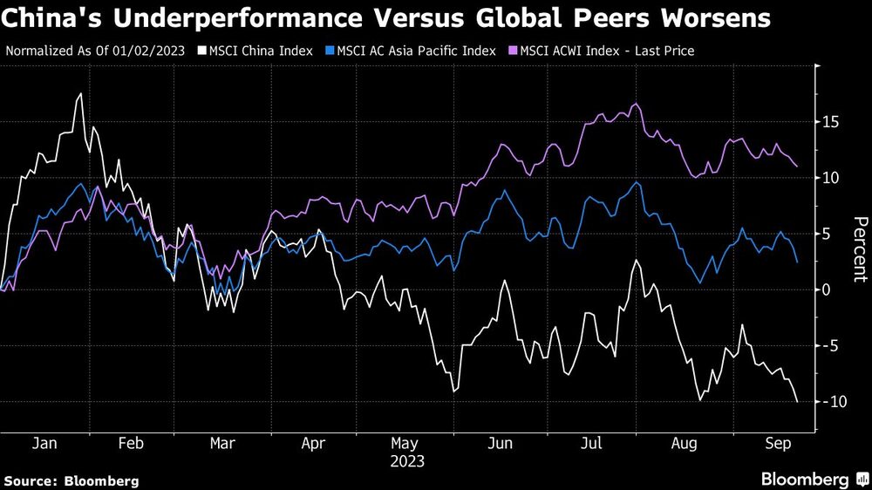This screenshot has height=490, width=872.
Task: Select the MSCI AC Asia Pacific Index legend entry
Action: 413,51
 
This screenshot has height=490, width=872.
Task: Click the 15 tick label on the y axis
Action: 832,122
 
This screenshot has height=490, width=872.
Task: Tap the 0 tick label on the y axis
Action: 828,289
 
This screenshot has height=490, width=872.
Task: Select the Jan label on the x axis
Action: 44,443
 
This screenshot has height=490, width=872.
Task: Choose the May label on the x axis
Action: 407,443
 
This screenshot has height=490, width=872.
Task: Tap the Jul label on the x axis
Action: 592,443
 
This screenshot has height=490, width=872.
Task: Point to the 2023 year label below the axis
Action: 407,459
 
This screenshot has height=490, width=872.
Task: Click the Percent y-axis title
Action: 859,249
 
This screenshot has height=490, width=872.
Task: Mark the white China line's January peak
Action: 81,93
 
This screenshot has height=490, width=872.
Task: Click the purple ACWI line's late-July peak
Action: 635,104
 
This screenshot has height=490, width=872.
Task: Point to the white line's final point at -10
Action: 797,402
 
